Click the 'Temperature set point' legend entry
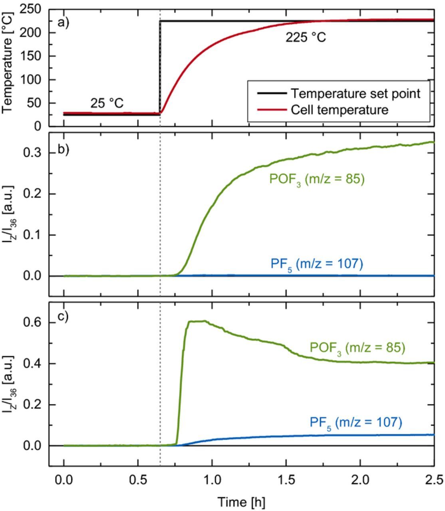click(355, 93)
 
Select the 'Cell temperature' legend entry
click(339, 109)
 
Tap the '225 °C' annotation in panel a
click(305, 38)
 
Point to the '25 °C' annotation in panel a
click(107, 103)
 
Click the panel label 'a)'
click(64, 22)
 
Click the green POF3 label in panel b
click(317, 179)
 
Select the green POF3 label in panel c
click(357, 348)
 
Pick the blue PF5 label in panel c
click(355, 422)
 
